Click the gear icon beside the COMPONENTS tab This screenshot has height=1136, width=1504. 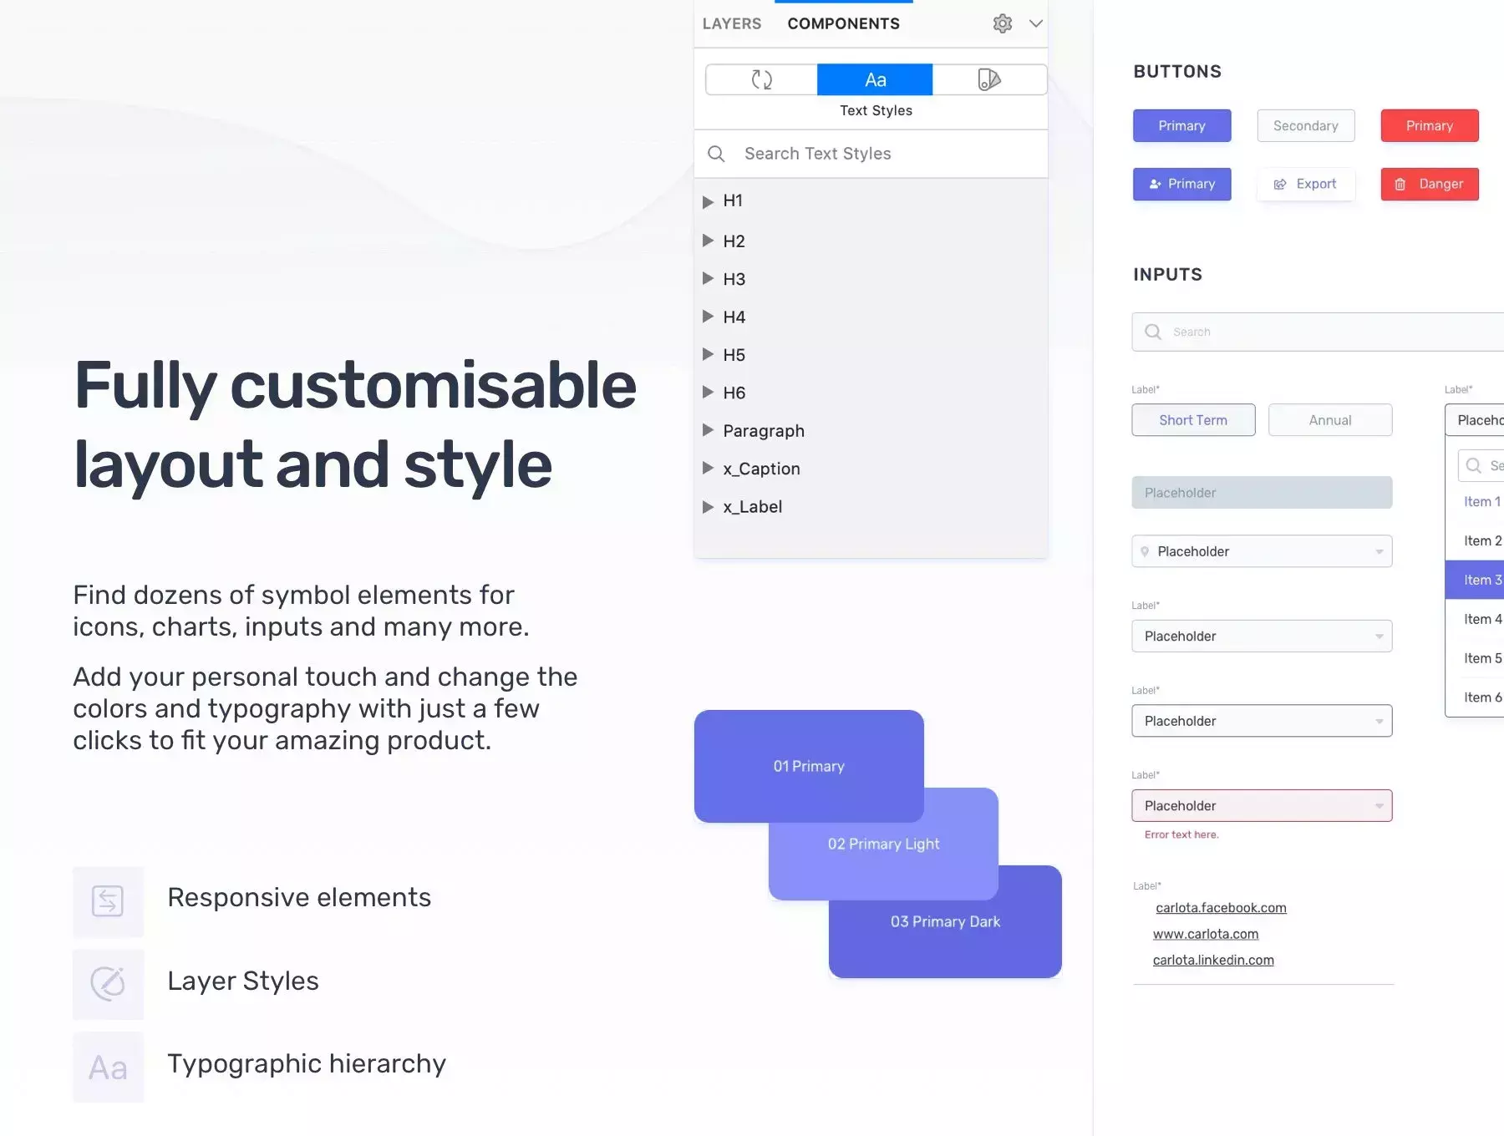point(1003,23)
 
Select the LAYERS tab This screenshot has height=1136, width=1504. point(732,23)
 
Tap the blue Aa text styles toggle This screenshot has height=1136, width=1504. point(875,79)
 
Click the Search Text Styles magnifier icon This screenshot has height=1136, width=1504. point(716,154)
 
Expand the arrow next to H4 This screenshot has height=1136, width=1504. point(708,317)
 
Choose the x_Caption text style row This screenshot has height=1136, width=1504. point(761,469)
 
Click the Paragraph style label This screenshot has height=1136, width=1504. point(764,431)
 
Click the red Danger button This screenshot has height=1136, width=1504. point(1430,184)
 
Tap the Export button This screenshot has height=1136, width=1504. point(1305,184)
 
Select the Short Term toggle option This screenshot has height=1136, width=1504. point(1193,420)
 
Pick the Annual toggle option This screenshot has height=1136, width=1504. point(1330,420)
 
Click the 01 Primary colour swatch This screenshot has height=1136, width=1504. point(809,766)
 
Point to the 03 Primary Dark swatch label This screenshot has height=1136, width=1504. point(945,921)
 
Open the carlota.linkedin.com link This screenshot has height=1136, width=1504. point(1213,960)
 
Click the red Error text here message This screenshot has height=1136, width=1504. point(1181,834)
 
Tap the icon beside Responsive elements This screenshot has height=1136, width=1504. point(108,901)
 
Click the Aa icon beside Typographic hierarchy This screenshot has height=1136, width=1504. point(108,1068)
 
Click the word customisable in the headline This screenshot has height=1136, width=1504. point(433,386)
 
